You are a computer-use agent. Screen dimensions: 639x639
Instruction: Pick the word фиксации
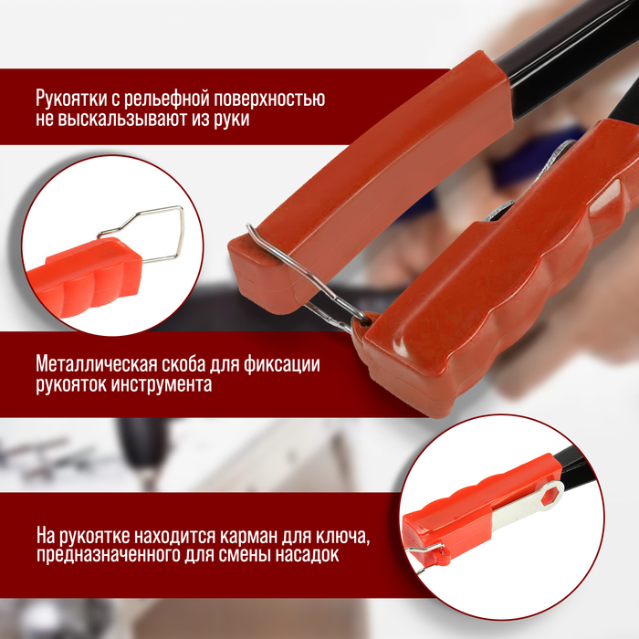[281, 364]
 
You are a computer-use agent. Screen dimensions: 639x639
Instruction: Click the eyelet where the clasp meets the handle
[366, 319]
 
